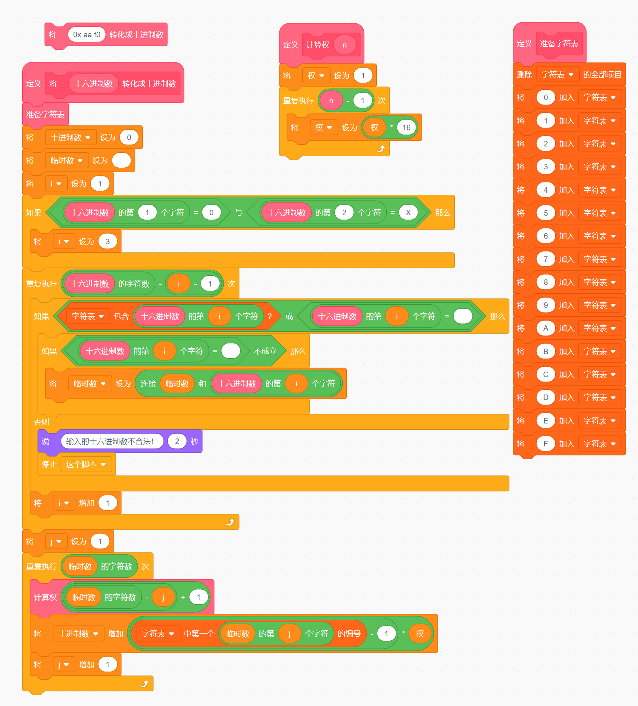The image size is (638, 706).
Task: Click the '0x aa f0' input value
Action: pyautogui.click(x=87, y=35)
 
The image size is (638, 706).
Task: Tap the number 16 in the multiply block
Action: pyautogui.click(x=406, y=127)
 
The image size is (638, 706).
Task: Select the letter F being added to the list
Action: pyautogui.click(x=545, y=444)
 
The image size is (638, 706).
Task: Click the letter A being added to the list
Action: pyautogui.click(x=545, y=328)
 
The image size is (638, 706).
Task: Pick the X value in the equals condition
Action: pyautogui.click(x=408, y=213)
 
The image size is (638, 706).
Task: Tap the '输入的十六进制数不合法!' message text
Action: pyautogui.click(x=110, y=441)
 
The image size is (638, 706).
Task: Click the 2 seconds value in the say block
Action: pyautogui.click(x=177, y=441)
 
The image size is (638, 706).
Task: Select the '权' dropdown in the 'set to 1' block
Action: pyautogui.click(x=316, y=76)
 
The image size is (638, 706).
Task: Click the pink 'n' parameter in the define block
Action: pyautogui.click(x=344, y=45)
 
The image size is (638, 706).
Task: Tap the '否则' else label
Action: pyautogui.click(x=41, y=422)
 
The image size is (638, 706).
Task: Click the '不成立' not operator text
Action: pyautogui.click(x=265, y=351)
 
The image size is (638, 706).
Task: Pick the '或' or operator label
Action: pyautogui.click(x=289, y=316)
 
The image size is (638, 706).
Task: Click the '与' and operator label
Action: pyautogui.click(x=238, y=213)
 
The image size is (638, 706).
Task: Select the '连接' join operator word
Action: pyautogui.click(x=148, y=383)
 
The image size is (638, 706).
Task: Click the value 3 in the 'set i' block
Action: pyautogui.click(x=108, y=241)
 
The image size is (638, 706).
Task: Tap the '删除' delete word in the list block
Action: pyautogui.click(x=524, y=74)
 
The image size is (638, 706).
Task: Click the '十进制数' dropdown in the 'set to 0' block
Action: pyautogui.click(x=70, y=137)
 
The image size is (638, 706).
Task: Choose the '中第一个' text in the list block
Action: pyautogui.click(x=199, y=634)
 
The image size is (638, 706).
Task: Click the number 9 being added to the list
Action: pyautogui.click(x=545, y=305)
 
